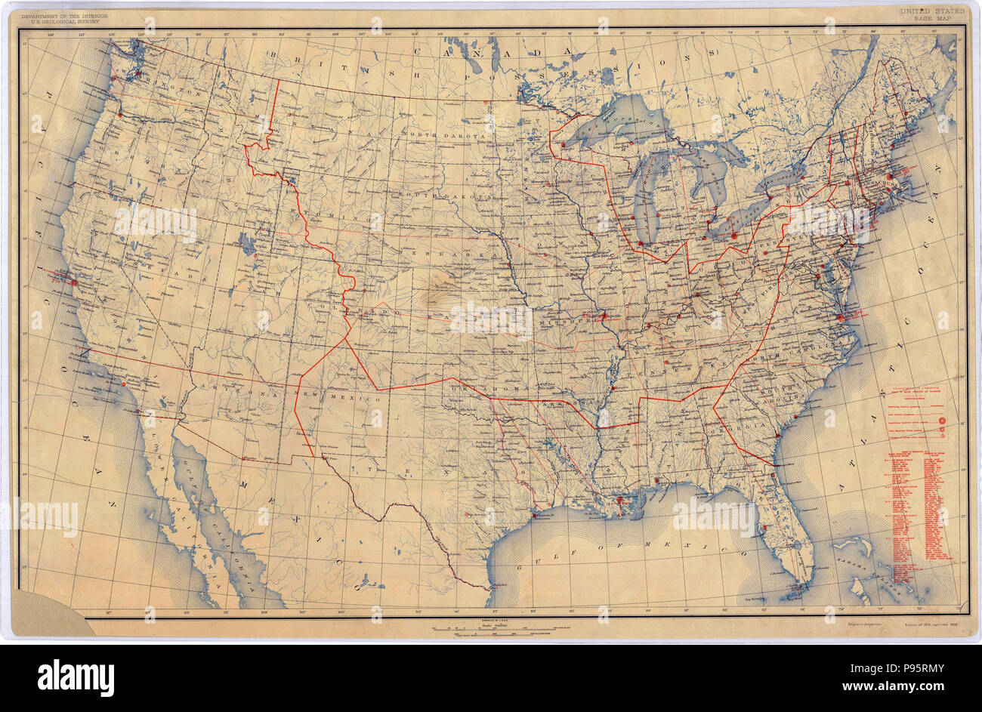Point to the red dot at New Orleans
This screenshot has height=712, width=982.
point(619,500)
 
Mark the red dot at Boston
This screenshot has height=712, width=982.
point(890,175)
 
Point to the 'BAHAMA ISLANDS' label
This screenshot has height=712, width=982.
point(876,578)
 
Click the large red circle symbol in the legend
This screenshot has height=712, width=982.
point(943,420)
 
